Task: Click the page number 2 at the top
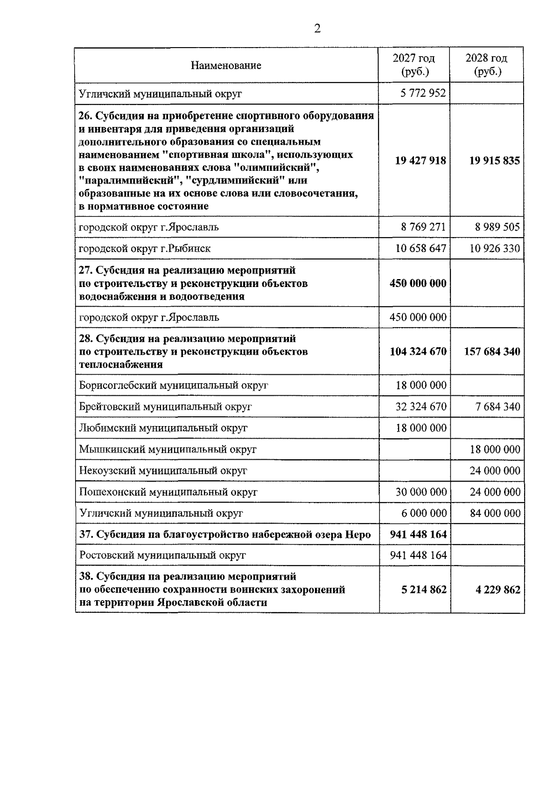[x=317, y=29]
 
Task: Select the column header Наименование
[x=226, y=65]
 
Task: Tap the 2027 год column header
[x=414, y=65]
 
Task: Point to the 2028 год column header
[x=487, y=65]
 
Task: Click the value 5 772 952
[x=423, y=93]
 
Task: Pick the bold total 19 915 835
[x=494, y=161]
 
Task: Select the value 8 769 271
[x=423, y=227]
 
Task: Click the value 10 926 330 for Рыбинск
[x=495, y=248]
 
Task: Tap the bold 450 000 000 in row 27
[x=418, y=283]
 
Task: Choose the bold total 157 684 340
[x=492, y=351]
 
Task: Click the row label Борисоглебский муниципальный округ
[x=174, y=385]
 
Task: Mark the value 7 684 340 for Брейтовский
[x=498, y=407]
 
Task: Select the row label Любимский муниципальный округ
[x=163, y=428]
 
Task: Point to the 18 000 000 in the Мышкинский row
[x=495, y=449]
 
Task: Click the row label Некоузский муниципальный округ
[x=163, y=471]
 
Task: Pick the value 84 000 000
[x=495, y=513]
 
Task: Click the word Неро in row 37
[x=358, y=535]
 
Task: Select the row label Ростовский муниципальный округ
[x=162, y=555]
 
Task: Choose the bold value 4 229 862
[x=498, y=590]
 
